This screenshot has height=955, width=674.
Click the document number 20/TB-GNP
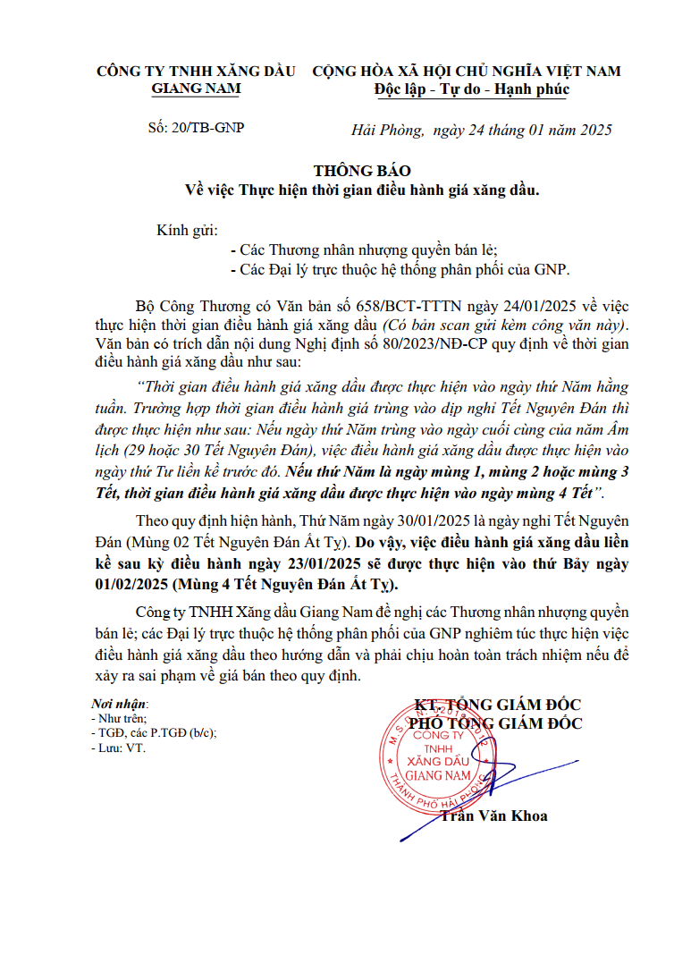(x=207, y=127)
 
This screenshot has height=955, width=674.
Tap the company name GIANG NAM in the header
(x=196, y=89)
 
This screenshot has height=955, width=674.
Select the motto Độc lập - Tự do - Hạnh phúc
(x=472, y=89)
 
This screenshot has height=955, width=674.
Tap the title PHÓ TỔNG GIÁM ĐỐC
(x=495, y=723)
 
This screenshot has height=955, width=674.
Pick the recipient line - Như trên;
(x=119, y=718)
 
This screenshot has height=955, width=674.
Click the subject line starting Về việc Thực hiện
(x=362, y=189)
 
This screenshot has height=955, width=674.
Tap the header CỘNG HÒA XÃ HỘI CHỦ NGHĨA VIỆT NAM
(x=466, y=71)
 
